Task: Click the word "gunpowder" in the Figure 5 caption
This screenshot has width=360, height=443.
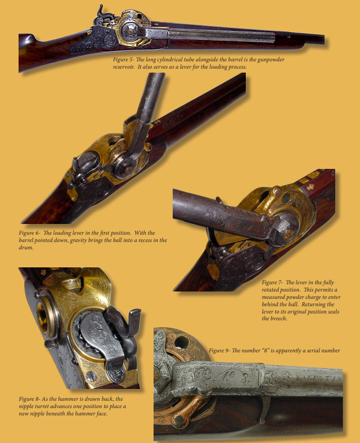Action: [271, 60]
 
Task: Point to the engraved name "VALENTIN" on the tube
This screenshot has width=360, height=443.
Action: [319, 378]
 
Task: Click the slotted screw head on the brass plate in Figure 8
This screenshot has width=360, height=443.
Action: [91, 375]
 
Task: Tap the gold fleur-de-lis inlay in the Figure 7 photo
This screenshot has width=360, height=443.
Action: [311, 187]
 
